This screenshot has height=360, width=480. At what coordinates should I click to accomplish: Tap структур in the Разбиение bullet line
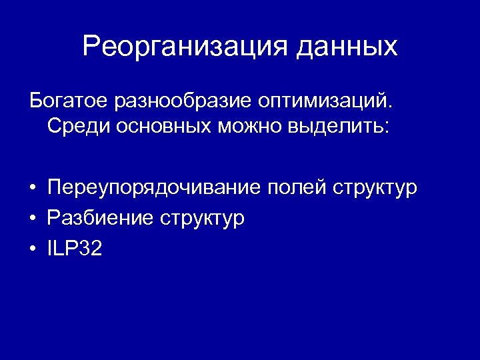(x=202, y=218)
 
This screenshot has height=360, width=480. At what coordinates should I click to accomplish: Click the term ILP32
(x=75, y=249)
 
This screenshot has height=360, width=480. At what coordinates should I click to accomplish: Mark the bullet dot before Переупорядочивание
(x=31, y=188)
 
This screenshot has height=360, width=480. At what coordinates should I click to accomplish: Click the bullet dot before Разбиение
(x=31, y=219)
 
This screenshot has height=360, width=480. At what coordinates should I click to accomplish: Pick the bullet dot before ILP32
(x=31, y=249)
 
